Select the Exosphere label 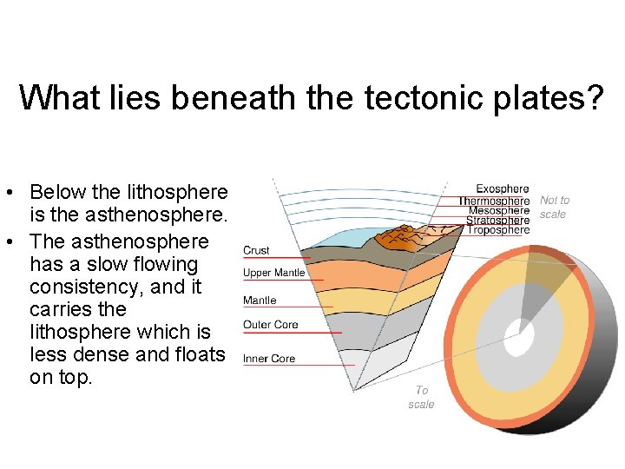pyautogui.click(x=502, y=188)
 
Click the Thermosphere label pyautogui.click(x=494, y=201)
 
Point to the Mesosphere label pyautogui.click(x=498, y=210)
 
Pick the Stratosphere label pyautogui.click(x=497, y=221)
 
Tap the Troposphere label pyautogui.click(x=498, y=230)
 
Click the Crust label pyautogui.click(x=256, y=250)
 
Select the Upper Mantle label pyautogui.click(x=274, y=273)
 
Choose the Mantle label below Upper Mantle pyautogui.click(x=260, y=301)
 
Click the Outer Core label pyautogui.click(x=271, y=325)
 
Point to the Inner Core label pyautogui.click(x=269, y=359)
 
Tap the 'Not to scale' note pyautogui.click(x=555, y=207)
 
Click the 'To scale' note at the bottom pyautogui.click(x=421, y=398)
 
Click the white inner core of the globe pyautogui.click(x=519, y=339)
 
